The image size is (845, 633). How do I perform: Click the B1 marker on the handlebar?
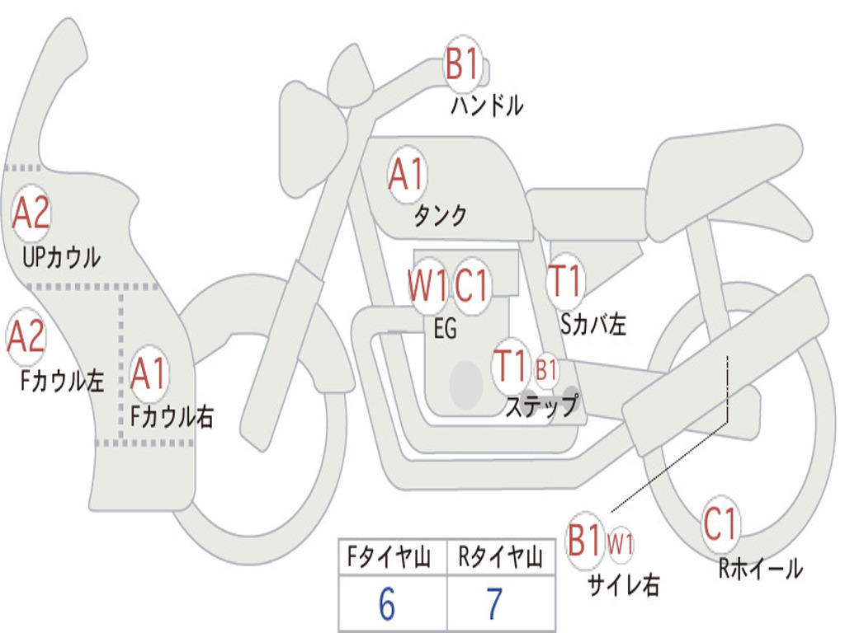pos(463,63)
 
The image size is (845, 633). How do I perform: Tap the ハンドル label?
pos(487,105)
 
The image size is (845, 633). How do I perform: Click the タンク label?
pos(441,215)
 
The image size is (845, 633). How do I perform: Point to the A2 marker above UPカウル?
pos(31,213)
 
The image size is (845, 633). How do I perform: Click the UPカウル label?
pos(61,258)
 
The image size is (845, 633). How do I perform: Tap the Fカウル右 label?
pos(172,416)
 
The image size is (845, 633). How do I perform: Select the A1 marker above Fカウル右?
pos(149,373)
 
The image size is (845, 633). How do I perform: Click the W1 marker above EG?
pos(428,284)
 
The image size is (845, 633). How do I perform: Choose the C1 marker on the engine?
pos(471,284)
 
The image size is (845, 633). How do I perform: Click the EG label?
pos(445,328)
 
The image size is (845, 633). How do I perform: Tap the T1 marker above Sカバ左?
pos(565,281)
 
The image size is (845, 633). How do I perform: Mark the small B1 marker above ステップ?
pos(546,370)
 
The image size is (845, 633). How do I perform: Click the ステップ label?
pos(542,406)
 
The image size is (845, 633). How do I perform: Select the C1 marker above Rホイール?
pos(720,523)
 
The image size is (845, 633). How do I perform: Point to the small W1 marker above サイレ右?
pos(621,543)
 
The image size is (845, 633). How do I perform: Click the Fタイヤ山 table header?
pos(389,557)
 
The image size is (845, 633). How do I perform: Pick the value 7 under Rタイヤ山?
pos(495,604)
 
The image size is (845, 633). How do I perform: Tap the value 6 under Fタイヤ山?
pos(387,604)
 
